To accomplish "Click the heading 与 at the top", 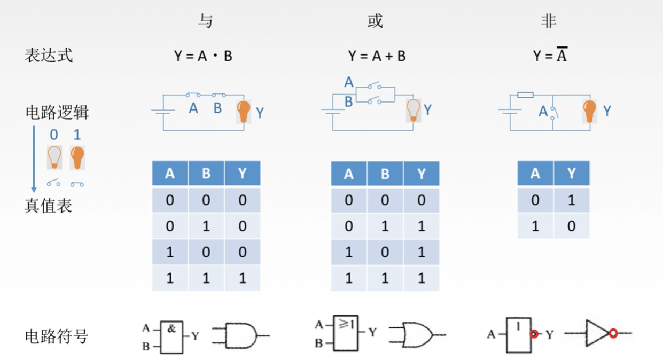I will [x=205, y=21].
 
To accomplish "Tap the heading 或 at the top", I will [x=375, y=21].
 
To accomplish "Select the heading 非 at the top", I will [x=549, y=21].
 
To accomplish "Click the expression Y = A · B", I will [x=203, y=56].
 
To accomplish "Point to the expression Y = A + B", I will [x=377, y=56].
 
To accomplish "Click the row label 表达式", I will [x=48, y=56].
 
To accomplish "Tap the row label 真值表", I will [x=48, y=206].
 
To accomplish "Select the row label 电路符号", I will [x=56, y=336].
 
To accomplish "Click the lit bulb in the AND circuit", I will [x=244, y=111].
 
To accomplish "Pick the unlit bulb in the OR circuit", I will [x=414, y=109].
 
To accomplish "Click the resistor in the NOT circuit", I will [x=525, y=95].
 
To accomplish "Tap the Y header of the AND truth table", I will [x=243, y=174].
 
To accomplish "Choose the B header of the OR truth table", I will [x=385, y=174].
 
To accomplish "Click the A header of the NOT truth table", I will [x=535, y=173].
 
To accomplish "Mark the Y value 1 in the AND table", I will [x=243, y=278].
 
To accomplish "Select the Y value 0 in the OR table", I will [x=421, y=200].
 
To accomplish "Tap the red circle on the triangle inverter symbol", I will [x=613, y=333].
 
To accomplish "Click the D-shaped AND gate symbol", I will [x=240, y=336].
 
